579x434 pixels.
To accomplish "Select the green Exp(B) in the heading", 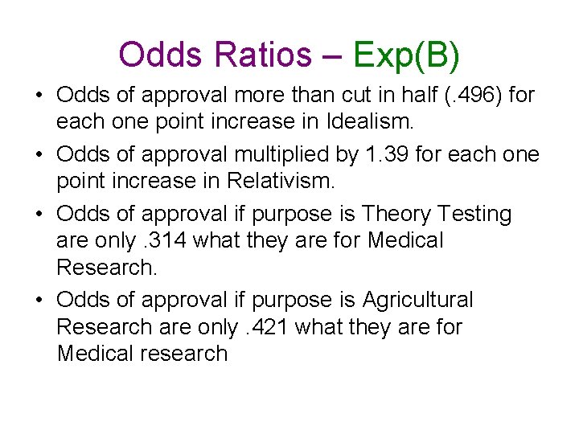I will (406, 55).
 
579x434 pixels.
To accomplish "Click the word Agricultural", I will (418, 301).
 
